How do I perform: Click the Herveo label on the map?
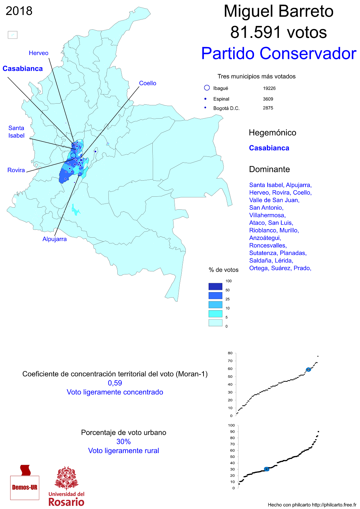tap(39, 53)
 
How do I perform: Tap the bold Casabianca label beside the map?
tap(22, 69)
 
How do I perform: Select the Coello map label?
tap(148, 83)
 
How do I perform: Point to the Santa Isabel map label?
tap(16, 132)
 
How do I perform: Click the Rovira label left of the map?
tap(16, 170)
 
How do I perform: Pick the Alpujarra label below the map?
tap(55, 239)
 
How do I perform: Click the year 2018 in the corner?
tap(19, 11)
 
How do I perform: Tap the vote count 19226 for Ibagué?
tap(269, 88)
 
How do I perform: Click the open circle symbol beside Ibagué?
tap(207, 88)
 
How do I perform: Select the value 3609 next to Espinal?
tap(268, 99)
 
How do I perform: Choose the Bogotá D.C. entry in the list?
tap(226, 108)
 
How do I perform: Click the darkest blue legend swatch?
tap(215, 286)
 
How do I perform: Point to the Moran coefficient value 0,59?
tap(115, 383)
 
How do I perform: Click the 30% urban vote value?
tap(123, 441)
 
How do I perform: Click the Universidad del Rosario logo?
tap(66, 486)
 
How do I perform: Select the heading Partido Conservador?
tap(279, 54)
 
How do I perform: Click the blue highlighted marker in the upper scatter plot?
tap(308, 370)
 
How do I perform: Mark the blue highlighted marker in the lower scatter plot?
tap(267, 469)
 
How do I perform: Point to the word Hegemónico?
tap(272, 133)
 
